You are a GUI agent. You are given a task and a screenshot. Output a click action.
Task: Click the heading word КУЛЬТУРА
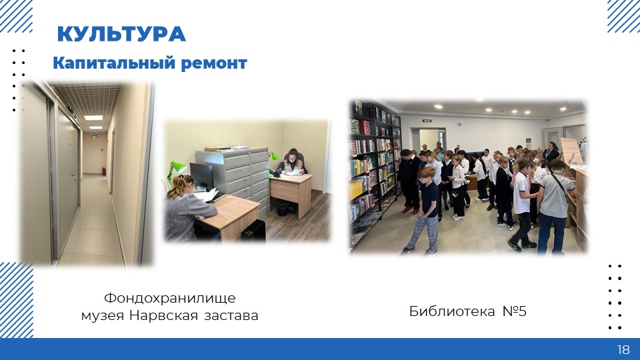pos(121,34)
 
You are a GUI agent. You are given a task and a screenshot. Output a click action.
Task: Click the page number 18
pos(623,349)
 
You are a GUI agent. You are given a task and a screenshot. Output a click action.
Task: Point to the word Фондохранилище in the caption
pos(170,299)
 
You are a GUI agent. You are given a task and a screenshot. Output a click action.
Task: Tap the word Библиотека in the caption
pos(452,311)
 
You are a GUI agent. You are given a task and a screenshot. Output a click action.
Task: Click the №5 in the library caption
pos(514,311)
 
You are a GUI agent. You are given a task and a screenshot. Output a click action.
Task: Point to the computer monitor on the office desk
pos(201,176)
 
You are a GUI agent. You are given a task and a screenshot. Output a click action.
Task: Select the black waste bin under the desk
pos(281,207)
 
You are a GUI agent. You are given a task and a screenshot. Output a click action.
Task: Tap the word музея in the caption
pos(103,316)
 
